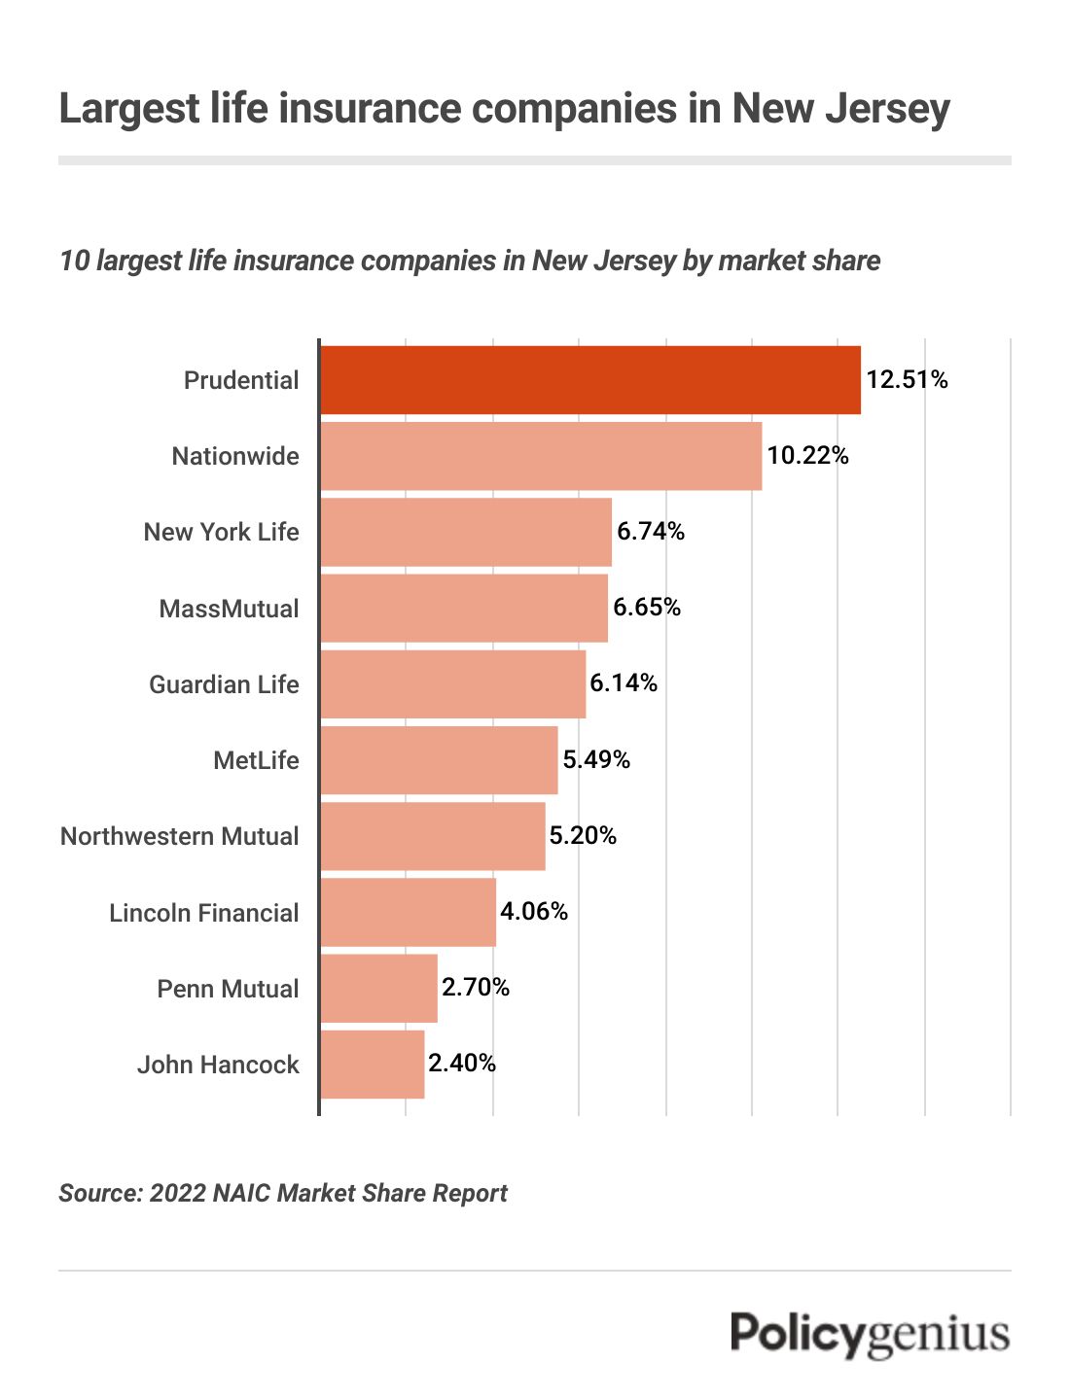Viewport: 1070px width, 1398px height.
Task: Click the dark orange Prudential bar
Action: (590, 379)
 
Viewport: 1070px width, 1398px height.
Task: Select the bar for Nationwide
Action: (541, 455)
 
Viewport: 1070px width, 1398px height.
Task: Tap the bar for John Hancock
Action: (373, 1064)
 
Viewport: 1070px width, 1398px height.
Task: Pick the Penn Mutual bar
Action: (378, 988)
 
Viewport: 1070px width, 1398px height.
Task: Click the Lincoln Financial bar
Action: (408, 912)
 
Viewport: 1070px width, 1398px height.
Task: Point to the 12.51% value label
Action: (907, 379)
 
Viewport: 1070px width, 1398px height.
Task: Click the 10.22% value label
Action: (807, 455)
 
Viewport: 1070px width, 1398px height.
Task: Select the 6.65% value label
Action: (647, 607)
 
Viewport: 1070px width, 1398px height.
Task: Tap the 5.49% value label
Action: (596, 759)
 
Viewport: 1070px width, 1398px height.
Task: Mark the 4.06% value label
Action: (533, 911)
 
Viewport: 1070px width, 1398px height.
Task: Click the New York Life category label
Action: (221, 532)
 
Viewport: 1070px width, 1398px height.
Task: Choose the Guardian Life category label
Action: (224, 684)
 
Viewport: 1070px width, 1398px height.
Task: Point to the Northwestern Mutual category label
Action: (180, 836)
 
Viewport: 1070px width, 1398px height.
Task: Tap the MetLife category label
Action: (256, 760)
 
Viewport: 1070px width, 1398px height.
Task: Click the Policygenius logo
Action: (870, 1334)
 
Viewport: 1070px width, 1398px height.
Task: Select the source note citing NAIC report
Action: (283, 1193)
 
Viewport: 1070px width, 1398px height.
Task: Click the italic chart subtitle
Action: (470, 261)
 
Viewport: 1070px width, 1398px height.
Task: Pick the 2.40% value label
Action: (462, 1063)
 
